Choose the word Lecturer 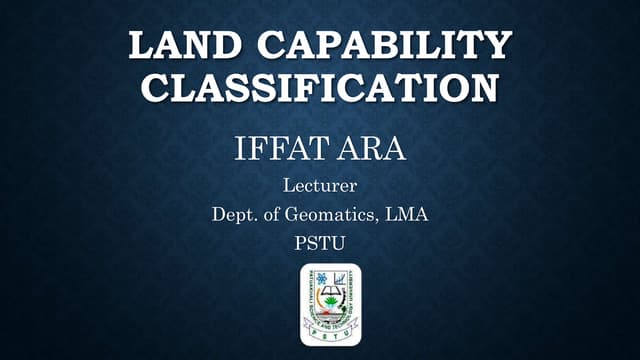pyautogui.click(x=319, y=185)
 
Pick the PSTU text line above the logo pyautogui.click(x=319, y=242)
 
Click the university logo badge pyautogui.click(x=330, y=305)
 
